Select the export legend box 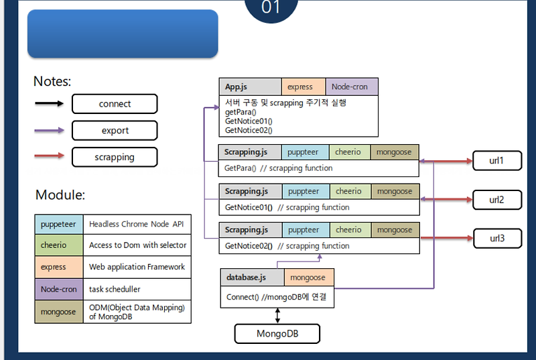coord(115,130)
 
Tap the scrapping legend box coord(115,157)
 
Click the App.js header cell coord(250,86)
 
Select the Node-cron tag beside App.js coord(351,86)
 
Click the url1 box coord(496,161)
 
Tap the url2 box coord(496,200)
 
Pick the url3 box coord(496,238)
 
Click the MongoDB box coord(277,333)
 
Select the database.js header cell coord(252,277)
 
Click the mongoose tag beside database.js coord(309,277)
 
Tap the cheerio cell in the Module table coord(58,245)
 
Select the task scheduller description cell coord(137,289)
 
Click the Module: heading coord(60,195)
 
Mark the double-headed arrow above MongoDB coord(277,316)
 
